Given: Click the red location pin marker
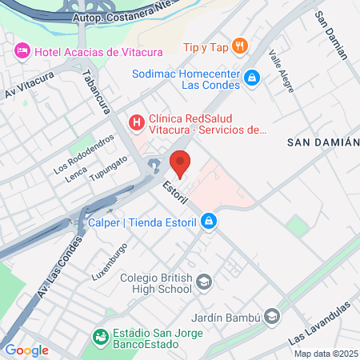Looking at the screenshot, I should click(182, 163).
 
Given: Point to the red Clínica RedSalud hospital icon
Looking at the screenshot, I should click(136, 122).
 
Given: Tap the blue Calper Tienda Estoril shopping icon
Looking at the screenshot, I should click(209, 220).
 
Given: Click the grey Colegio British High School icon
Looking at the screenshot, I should click(205, 282).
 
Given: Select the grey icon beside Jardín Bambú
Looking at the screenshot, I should click(274, 317).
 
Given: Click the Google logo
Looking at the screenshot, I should click(27, 350).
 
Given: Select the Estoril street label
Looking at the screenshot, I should click(174, 194).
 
